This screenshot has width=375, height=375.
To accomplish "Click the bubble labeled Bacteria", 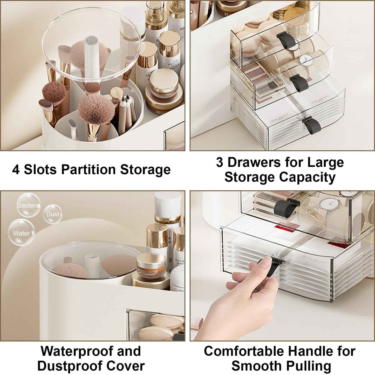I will [28, 205].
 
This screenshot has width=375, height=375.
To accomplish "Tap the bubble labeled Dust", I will [53, 214].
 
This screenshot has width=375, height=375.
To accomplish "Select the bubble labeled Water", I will [21, 233].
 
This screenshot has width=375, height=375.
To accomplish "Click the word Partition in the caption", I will [88, 170].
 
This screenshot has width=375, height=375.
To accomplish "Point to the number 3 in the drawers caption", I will [220, 162].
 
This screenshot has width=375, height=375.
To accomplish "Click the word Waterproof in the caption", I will [77, 351].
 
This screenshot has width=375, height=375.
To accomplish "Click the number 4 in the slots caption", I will [16, 170].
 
